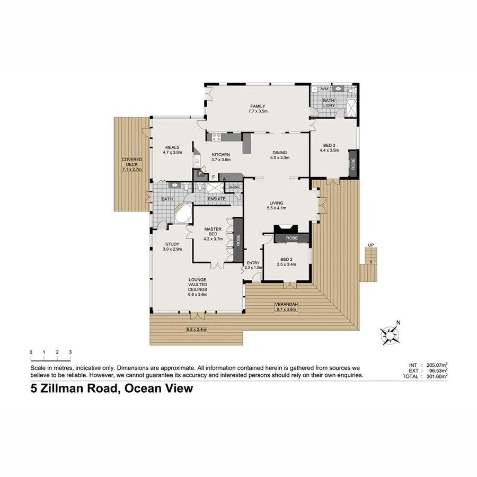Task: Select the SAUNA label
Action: click(x=234, y=187)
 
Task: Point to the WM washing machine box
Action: click(x=324, y=90)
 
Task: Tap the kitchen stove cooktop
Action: click(x=216, y=138)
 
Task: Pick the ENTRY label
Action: click(x=253, y=262)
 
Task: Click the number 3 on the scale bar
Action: click(x=70, y=352)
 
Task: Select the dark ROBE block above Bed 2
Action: click(x=291, y=238)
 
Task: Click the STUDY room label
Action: click(x=172, y=244)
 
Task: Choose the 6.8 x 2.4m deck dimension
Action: click(x=196, y=330)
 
